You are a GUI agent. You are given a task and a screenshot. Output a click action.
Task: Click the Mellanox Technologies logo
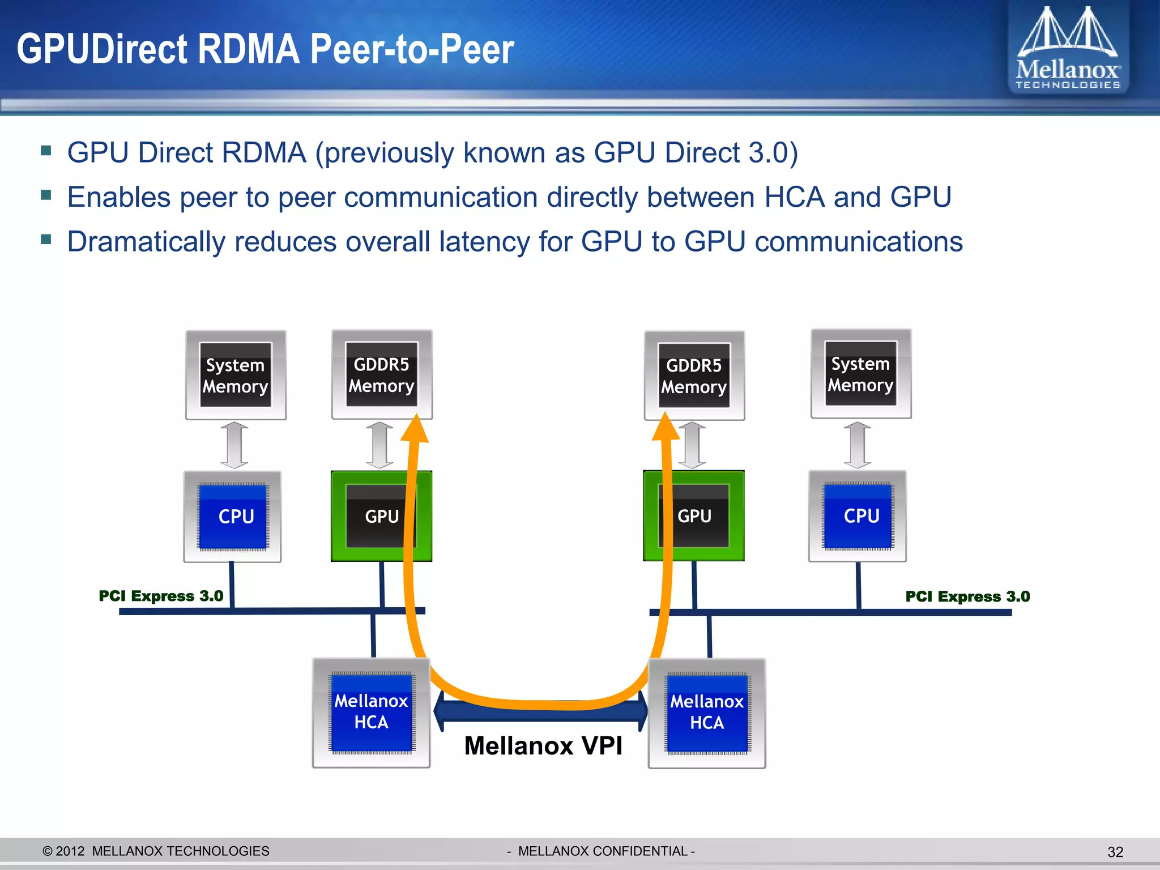[x=1068, y=48]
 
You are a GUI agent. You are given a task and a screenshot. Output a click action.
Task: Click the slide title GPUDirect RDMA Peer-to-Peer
[x=265, y=49]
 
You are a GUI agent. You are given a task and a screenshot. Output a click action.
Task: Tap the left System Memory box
[x=236, y=375]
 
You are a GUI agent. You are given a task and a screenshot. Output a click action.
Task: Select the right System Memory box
[x=860, y=374]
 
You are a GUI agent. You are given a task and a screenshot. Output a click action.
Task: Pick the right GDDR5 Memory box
[x=694, y=376]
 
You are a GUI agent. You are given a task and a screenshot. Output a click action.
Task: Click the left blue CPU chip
[x=233, y=516]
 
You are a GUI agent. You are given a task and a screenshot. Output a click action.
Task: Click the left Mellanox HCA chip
[x=372, y=712]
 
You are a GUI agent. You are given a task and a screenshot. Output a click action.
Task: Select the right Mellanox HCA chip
[x=707, y=713]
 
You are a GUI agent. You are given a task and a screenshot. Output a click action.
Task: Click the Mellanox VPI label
[x=543, y=746]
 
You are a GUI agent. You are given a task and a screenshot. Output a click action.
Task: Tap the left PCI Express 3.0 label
[x=161, y=596]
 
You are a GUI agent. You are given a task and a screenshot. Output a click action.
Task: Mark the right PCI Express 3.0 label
[x=967, y=596]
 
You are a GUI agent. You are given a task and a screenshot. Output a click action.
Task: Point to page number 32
[x=1115, y=852]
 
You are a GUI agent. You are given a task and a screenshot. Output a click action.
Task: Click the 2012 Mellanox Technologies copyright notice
[x=156, y=851]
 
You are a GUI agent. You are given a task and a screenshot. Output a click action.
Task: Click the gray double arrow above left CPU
[x=234, y=445]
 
